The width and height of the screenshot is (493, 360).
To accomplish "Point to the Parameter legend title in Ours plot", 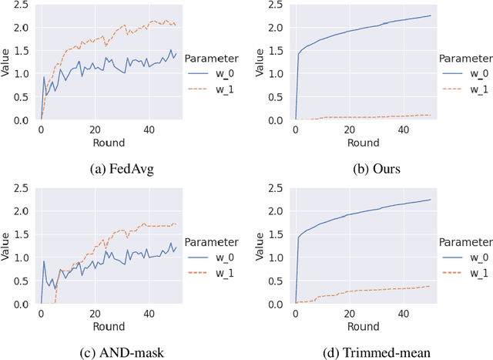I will pyautogui.click(x=465, y=58).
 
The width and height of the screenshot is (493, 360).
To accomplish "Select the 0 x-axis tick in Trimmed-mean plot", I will pyautogui.click(x=296, y=314).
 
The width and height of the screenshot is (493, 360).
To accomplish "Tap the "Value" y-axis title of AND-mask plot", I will pyautogui.click(x=6, y=247).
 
